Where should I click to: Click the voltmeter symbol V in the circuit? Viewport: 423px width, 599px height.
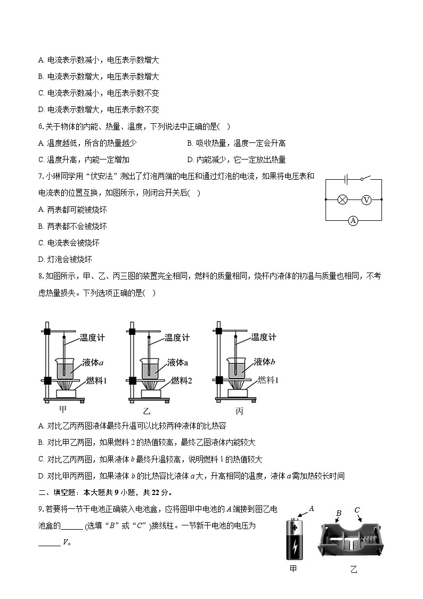point(366,199)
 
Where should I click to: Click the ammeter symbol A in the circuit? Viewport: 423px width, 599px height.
point(353,220)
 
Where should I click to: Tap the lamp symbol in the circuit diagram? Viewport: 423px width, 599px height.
point(343,199)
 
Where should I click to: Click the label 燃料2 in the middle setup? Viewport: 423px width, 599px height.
point(181,380)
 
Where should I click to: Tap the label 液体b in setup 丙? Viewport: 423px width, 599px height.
point(264,362)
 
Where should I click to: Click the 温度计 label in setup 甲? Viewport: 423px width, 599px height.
point(92,338)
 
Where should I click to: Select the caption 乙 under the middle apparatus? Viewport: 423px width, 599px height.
point(147,411)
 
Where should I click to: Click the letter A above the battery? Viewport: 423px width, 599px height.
point(312,509)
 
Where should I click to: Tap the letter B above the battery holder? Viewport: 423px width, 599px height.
point(338,514)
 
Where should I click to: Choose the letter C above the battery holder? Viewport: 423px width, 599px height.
point(357,510)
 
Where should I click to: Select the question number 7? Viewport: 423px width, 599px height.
point(40,176)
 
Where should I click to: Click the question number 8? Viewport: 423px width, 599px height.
point(40,276)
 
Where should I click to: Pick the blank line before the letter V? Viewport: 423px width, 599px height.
point(50,542)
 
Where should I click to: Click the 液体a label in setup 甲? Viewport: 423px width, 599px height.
point(93,363)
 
